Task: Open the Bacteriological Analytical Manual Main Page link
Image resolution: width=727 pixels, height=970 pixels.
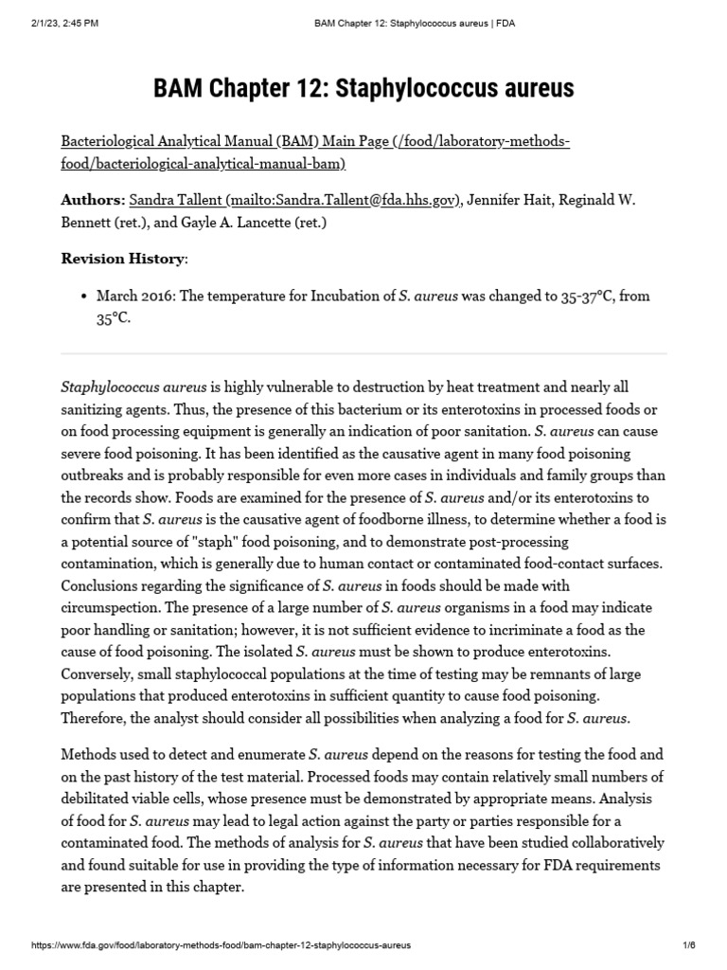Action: pyautogui.click(x=315, y=153)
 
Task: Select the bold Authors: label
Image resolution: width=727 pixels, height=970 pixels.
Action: pyautogui.click(x=93, y=200)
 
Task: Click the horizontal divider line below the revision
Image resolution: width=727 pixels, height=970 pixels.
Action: pyautogui.click(x=363, y=354)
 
